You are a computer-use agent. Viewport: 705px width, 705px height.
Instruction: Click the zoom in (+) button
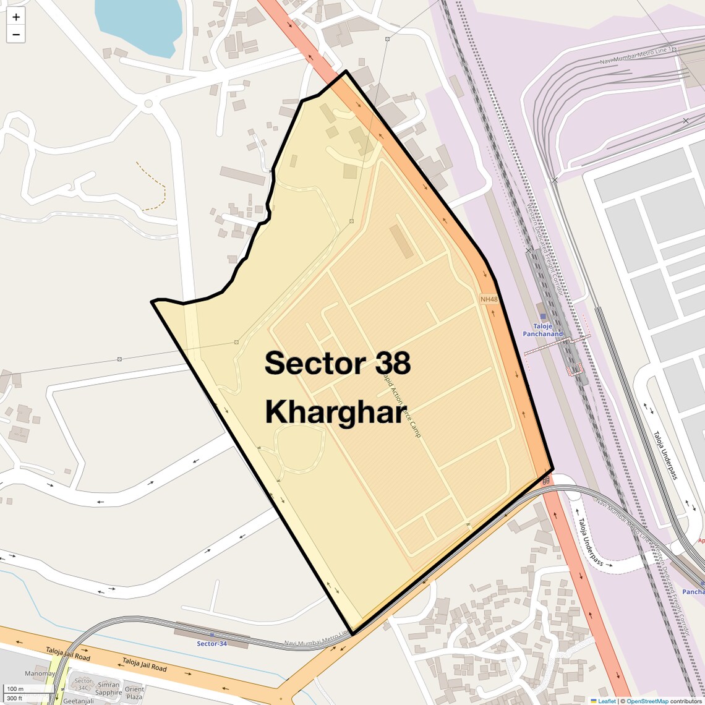(x=16, y=17)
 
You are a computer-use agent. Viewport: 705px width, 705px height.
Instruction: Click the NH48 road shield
(x=489, y=299)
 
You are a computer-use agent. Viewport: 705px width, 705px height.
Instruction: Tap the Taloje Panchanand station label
(x=543, y=330)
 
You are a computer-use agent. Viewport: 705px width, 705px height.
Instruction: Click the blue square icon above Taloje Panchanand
(x=543, y=317)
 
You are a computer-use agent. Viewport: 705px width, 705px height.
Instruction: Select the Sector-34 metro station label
(x=211, y=644)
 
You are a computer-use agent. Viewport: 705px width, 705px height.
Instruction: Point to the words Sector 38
(x=338, y=363)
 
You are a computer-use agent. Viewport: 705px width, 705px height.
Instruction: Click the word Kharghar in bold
(x=336, y=411)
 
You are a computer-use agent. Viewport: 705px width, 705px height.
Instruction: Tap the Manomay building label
(x=40, y=673)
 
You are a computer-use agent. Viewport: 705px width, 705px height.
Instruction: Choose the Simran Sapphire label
(x=108, y=689)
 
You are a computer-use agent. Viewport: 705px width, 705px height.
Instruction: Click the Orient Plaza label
(x=134, y=693)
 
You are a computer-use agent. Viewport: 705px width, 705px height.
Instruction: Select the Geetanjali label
(x=79, y=701)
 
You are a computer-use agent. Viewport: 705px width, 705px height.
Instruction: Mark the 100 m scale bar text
(x=15, y=689)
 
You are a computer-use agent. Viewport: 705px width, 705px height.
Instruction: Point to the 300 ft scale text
(x=14, y=698)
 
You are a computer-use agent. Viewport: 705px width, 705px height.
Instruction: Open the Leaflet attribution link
(x=607, y=701)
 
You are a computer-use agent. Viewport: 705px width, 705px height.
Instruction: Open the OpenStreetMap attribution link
(x=647, y=701)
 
